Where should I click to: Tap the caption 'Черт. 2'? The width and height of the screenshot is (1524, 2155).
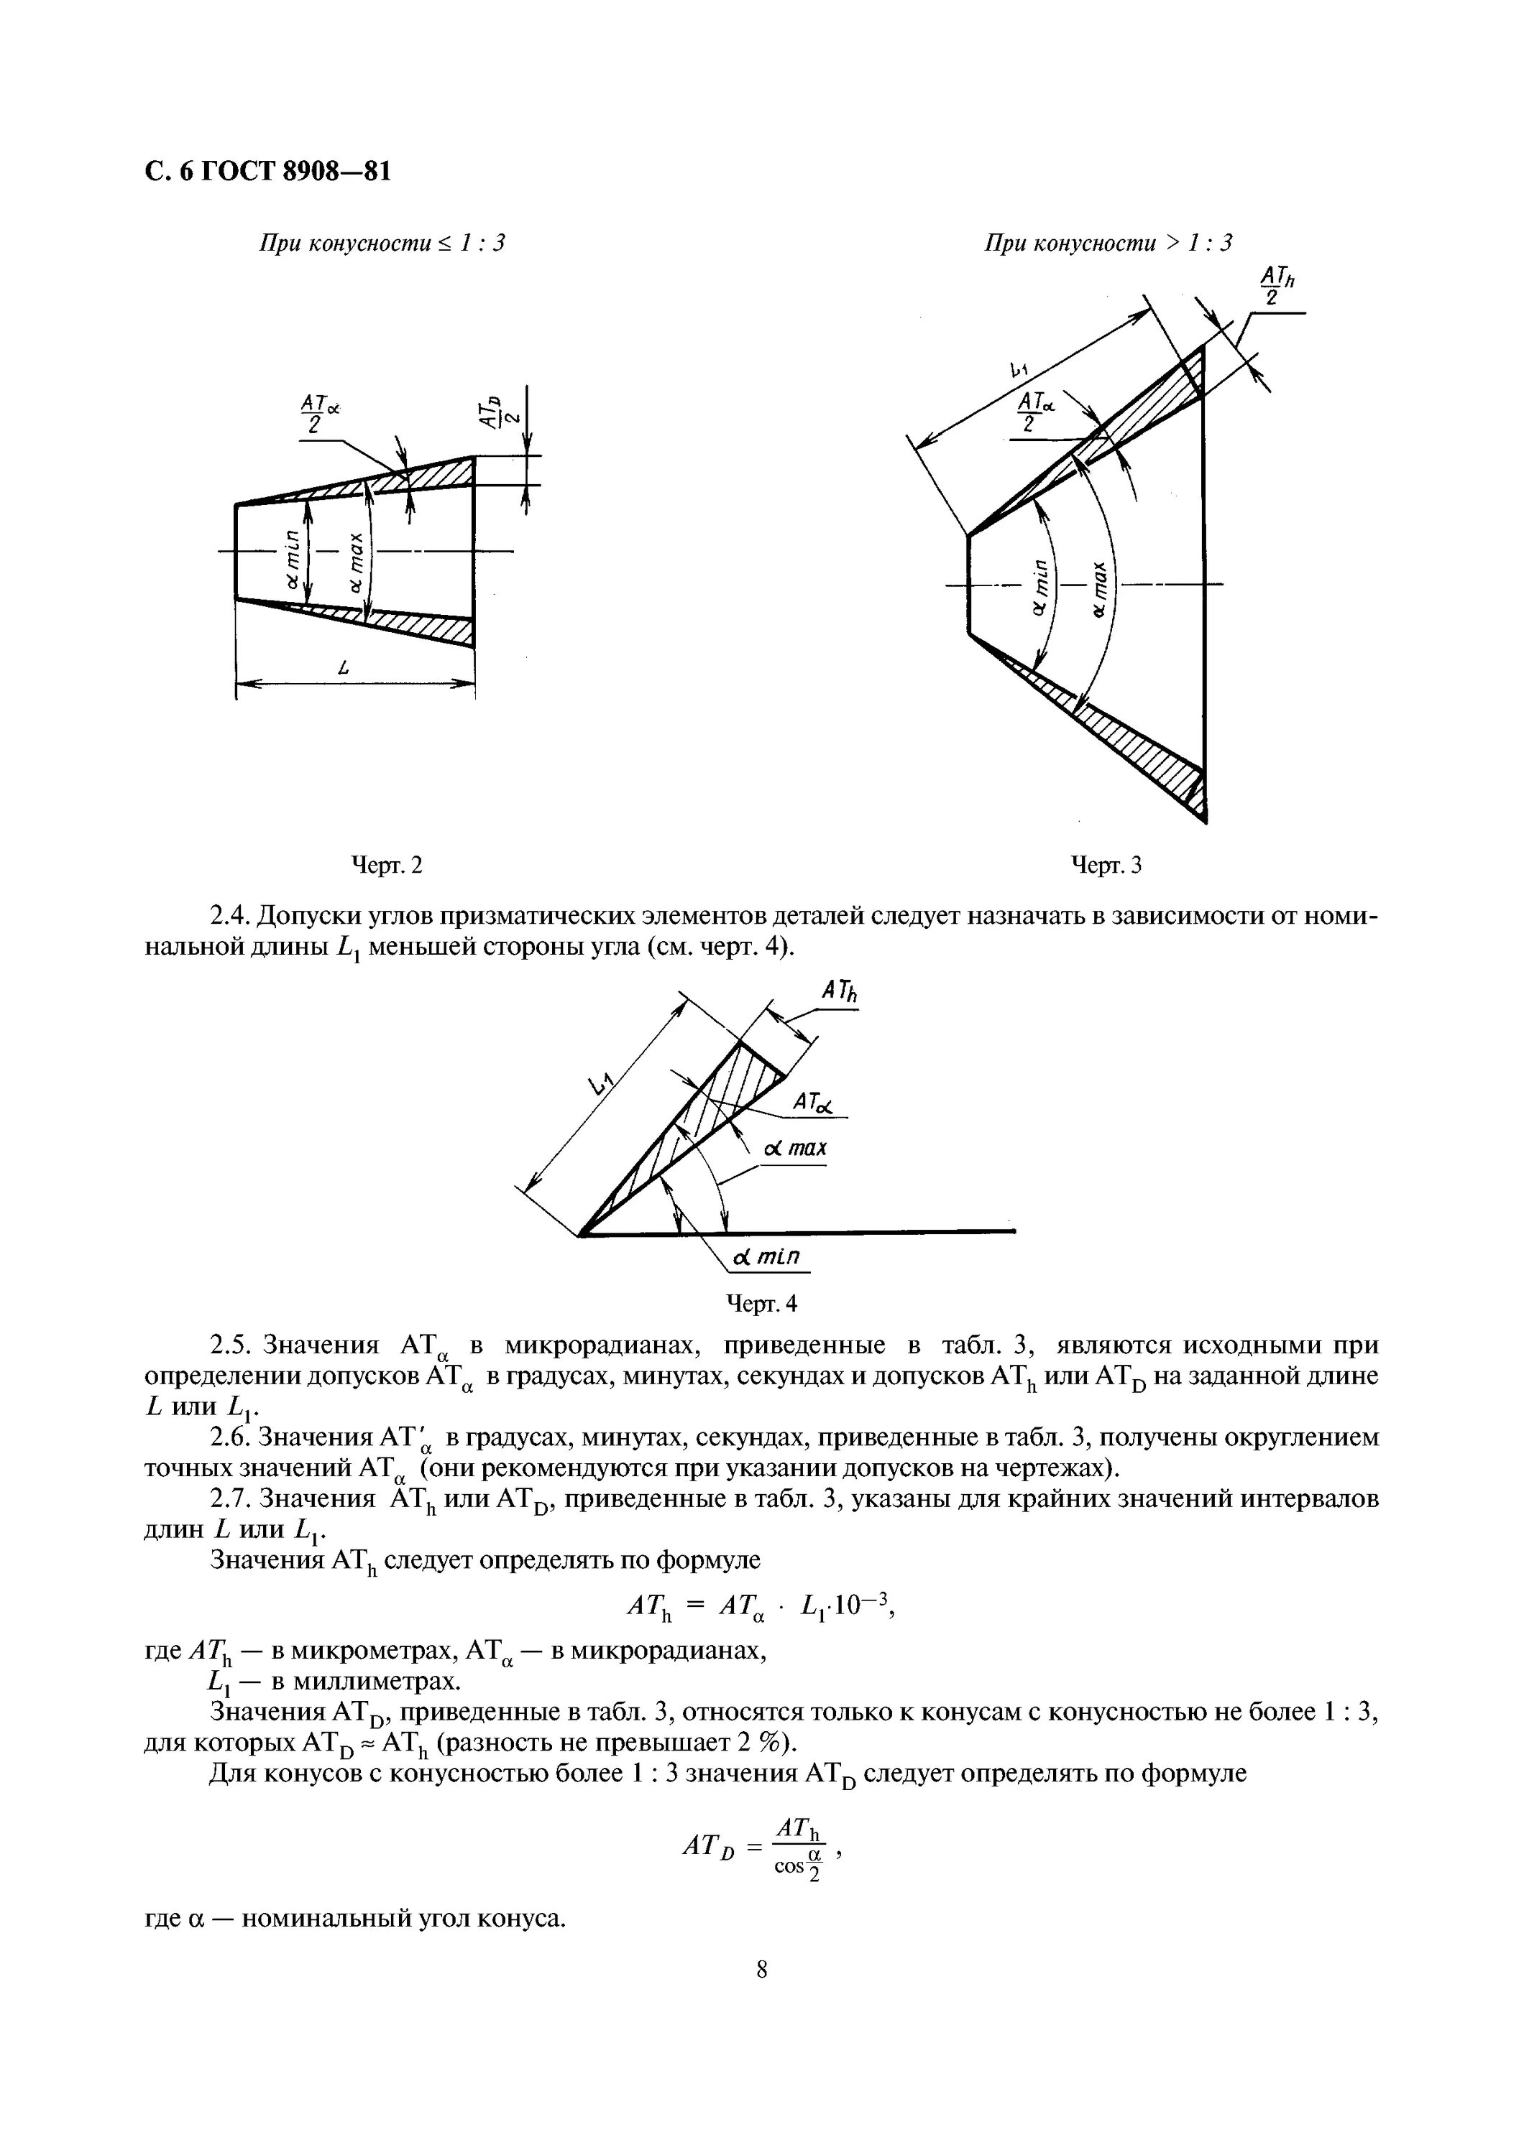386,864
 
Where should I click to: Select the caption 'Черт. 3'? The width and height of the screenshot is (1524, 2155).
1107,864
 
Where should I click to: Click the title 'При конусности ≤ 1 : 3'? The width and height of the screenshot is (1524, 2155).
382,243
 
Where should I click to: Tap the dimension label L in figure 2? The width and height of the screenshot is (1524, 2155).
346,668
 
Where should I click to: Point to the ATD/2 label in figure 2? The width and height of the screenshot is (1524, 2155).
494,410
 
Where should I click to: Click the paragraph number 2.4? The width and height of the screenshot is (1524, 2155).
228,915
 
